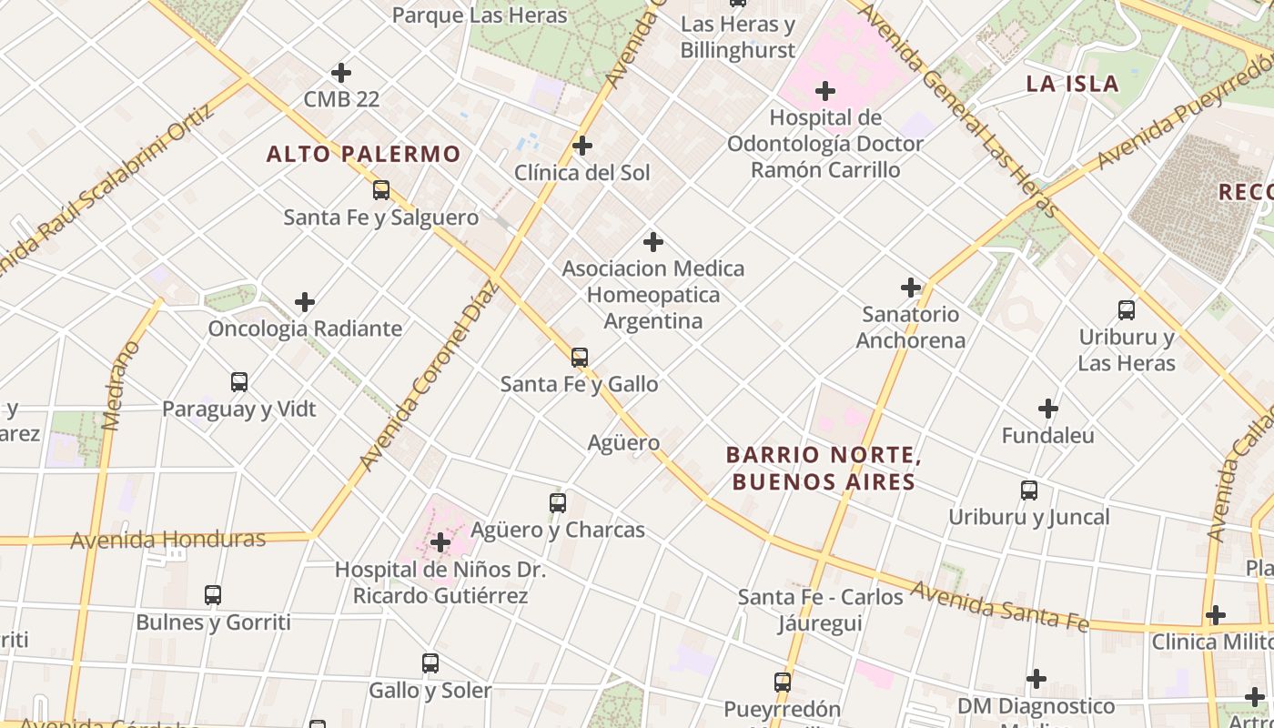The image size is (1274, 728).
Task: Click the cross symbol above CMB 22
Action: click(341, 72)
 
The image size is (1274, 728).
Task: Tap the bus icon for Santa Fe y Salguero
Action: click(381, 190)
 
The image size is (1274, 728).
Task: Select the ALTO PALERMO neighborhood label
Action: click(363, 154)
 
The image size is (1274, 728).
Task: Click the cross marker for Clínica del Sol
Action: click(582, 146)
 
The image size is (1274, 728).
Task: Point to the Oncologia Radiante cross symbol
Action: click(305, 302)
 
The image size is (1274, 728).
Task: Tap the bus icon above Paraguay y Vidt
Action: click(239, 382)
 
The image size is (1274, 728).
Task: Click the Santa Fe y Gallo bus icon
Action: click(580, 358)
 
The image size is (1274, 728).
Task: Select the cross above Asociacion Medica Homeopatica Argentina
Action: click(653, 242)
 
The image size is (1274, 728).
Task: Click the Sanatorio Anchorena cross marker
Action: click(911, 288)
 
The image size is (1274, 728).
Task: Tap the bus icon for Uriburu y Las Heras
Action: click(1127, 310)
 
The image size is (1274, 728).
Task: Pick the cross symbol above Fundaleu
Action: click(1048, 409)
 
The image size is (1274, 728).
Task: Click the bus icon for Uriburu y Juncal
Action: click(1029, 490)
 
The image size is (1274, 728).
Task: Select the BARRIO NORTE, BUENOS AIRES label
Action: click(824, 468)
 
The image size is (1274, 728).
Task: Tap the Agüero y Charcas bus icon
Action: click(558, 502)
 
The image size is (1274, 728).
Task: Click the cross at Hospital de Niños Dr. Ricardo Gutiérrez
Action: click(440, 543)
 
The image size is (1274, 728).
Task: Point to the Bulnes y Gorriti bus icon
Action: click(213, 595)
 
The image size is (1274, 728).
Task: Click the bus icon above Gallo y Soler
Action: click(430, 663)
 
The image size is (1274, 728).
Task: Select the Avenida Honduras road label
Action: click(168, 539)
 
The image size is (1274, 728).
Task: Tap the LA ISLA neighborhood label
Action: click(1072, 84)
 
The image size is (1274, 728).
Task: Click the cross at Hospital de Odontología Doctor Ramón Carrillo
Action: click(825, 91)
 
